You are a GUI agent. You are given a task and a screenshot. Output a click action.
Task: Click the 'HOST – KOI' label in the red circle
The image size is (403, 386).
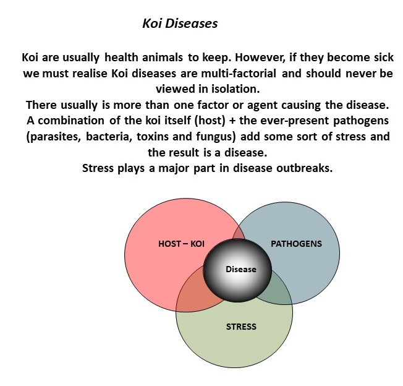click(x=181, y=244)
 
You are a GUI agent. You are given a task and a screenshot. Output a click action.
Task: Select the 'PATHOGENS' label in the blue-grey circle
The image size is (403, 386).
click(x=296, y=244)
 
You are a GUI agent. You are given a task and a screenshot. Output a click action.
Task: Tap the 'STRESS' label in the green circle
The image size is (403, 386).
click(x=240, y=326)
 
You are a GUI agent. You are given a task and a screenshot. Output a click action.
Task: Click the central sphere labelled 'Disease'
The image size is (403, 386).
click(x=240, y=270)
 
